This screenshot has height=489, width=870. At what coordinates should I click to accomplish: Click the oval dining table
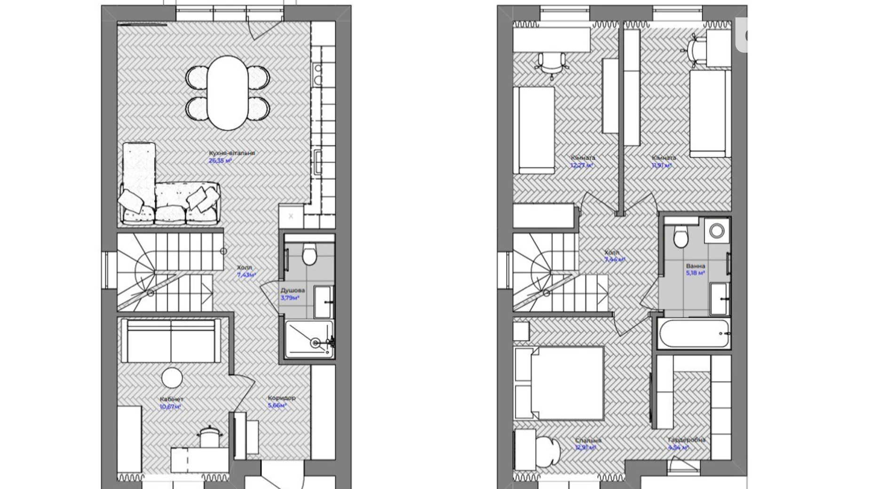pyautogui.click(x=228, y=93)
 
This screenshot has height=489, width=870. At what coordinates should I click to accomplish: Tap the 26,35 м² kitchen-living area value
pyautogui.click(x=220, y=161)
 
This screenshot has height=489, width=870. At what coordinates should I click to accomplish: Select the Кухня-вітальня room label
pyautogui.click(x=232, y=153)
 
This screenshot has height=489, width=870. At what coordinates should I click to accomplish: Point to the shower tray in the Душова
pyautogui.click(x=309, y=339)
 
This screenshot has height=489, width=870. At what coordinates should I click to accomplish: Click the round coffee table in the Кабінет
pyautogui.click(x=172, y=378)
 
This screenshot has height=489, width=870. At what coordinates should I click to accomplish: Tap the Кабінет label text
pyautogui.click(x=171, y=399)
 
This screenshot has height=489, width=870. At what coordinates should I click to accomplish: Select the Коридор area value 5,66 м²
pyautogui.click(x=277, y=405)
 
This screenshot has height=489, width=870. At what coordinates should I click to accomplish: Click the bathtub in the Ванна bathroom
pyautogui.click(x=694, y=334)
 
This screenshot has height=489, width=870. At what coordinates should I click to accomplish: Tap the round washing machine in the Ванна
pyautogui.click(x=717, y=231)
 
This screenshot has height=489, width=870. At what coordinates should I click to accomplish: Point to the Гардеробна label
pyautogui.click(x=687, y=440)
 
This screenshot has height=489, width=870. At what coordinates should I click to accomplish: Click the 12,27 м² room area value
pyautogui.click(x=582, y=166)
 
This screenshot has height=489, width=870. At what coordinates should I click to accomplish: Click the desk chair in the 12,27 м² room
pyautogui.click(x=552, y=64)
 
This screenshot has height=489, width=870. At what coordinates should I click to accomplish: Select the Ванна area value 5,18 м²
pyautogui.click(x=695, y=273)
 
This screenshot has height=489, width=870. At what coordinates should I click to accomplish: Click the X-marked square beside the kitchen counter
pyautogui.click(x=291, y=216)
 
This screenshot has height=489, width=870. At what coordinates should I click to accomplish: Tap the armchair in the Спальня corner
pyautogui.click(x=546, y=450)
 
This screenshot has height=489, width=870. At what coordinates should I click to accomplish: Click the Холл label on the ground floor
pyautogui.click(x=244, y=267)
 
